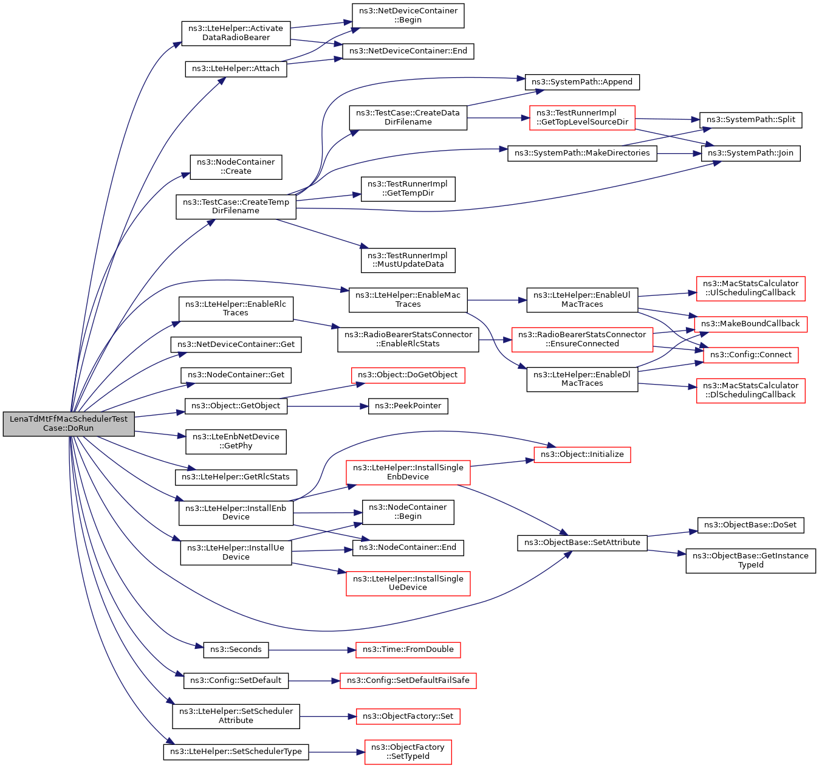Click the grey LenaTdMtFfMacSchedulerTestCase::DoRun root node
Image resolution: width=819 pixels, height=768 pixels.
click(69, 423)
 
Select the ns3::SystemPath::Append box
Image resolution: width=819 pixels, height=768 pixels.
click(582, 82)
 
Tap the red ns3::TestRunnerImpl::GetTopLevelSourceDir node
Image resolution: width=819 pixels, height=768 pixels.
click(582, 117)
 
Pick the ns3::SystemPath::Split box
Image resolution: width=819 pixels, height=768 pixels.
click(750, 120)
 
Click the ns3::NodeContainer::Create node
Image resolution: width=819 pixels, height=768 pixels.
click(236, 167)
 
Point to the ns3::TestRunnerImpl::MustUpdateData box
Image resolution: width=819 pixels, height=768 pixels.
click(408, 260)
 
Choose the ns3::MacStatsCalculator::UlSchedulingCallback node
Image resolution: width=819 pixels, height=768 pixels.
click(750, 289)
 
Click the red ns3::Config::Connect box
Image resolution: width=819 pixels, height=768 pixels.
click(750, 355)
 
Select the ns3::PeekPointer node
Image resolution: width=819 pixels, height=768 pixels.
click(408, 406)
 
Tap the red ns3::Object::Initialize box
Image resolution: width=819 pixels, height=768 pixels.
click(582, 454)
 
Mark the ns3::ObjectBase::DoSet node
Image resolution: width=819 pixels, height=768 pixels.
click(750, 525)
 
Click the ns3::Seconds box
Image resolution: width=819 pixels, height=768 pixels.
click(236, 650)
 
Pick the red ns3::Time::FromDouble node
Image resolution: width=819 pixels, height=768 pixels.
click(408, 650)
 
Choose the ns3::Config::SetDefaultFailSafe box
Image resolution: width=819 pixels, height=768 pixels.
click(408, 681)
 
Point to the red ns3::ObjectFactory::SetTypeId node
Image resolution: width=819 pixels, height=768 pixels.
click(408, 752)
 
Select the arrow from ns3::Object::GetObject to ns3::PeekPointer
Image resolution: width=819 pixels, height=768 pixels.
click(327, 406)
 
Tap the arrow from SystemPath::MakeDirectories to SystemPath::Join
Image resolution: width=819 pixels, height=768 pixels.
click(679, 154)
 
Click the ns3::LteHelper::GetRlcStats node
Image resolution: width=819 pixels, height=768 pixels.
click(236, 477)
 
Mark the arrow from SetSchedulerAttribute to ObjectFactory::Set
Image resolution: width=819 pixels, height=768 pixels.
click(328, 717)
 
